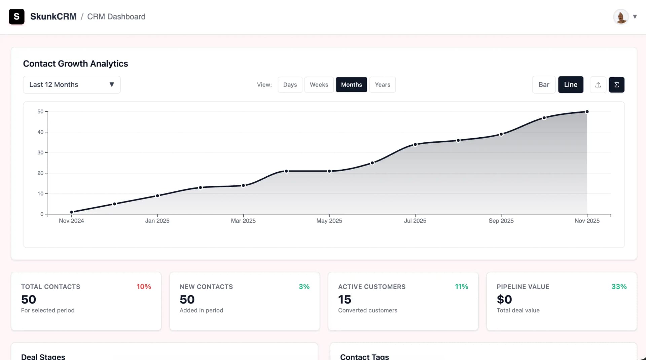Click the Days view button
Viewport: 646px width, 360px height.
point(290,85)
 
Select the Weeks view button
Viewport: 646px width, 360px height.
point(319,85)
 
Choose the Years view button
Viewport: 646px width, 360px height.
point(383,85)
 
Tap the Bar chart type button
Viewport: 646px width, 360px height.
point(543,85)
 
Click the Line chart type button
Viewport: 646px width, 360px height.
point(571,85)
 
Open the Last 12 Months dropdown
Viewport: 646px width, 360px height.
point(72,85)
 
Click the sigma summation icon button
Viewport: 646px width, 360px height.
point(616,85)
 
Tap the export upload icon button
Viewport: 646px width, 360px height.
point(598,85)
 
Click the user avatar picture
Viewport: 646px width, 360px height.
point(621,17)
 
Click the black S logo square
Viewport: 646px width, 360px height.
point(16,17)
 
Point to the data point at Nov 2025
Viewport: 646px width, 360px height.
point(587,112)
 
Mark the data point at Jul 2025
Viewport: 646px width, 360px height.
point(415,144)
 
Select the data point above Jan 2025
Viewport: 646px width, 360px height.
point(157,196)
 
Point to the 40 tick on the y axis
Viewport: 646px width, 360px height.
point(40,132)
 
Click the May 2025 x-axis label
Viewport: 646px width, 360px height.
point(329,221)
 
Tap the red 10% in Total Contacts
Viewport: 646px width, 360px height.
point(144,287)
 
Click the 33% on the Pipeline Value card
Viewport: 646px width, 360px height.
point(619,287)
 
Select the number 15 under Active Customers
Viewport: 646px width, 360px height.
point(345,299)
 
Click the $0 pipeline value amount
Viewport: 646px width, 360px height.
point(504,299)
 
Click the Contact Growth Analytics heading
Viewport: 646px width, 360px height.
point(75,64)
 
